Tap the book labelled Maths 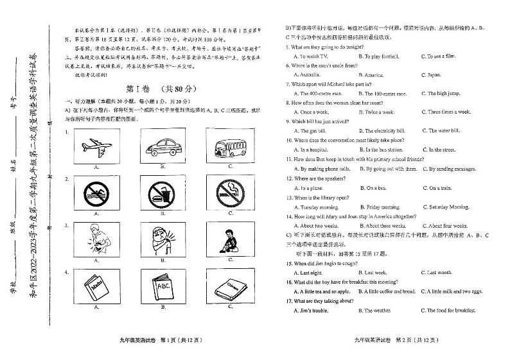(x=96, y=286)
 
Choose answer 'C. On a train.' (x=441, y=188)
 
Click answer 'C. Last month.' (x=439, y=272)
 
